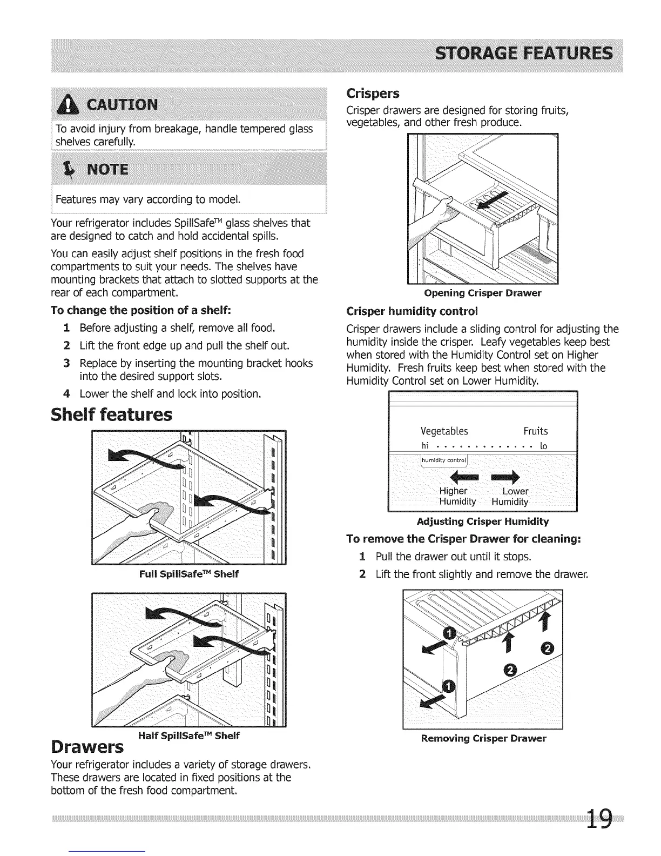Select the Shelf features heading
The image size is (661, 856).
click(x=111, y=414)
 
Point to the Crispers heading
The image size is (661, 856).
click(x=373, y=93)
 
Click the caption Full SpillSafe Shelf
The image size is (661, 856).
click(x=188, y=574)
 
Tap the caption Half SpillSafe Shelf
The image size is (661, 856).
click(x=188, y=735)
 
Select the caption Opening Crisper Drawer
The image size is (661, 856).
click(x=483, y=293)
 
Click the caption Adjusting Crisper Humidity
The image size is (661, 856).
click(x=483, y=521)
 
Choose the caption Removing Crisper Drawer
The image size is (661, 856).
click(x=483, y=738)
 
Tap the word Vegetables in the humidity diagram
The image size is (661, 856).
click(x=444, y=431)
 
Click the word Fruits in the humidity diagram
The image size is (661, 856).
click(x=535, y=431)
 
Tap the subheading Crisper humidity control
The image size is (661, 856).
click(x=412, y=312)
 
